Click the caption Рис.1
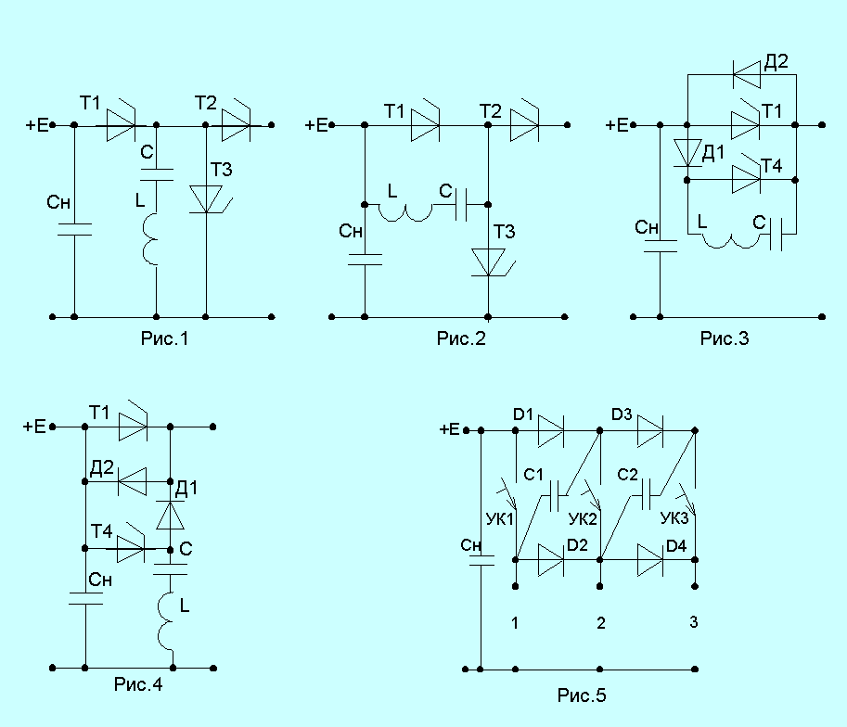tap(164, 338)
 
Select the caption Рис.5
tap(582, 695)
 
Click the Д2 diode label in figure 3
tap(776, 61)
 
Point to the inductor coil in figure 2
tap(405, 213)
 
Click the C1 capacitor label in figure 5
tap(533, 475)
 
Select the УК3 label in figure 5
tap(674, 518)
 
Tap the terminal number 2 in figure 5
tap(600, 623)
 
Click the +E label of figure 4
tap(34, 427)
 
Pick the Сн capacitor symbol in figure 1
tap(74, 230)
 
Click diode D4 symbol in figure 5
tap(651, 560)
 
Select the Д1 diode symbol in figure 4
tap(170, 516)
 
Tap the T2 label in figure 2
tap(491, 111)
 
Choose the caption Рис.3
tap(725, 338)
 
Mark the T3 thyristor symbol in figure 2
tap(491, 262)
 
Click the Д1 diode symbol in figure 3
tap(687, 153)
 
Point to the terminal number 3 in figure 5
tap(694, 622)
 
